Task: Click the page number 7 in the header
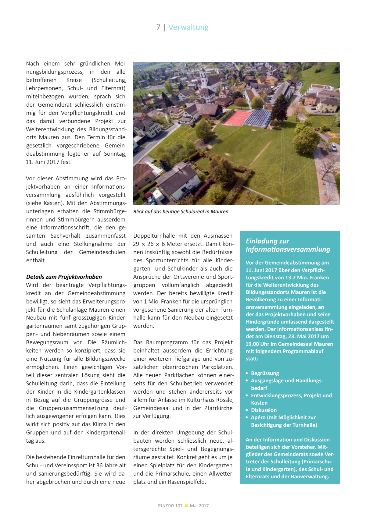point(158,27)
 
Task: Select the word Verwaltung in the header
point(188,27)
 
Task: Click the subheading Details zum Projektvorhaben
point(64,277)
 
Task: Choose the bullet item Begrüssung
point(265,374)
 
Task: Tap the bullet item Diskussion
point(264,410)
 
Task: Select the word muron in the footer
point(166,506)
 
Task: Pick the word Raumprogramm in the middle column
point(167,342)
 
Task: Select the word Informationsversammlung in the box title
point(288,250)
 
